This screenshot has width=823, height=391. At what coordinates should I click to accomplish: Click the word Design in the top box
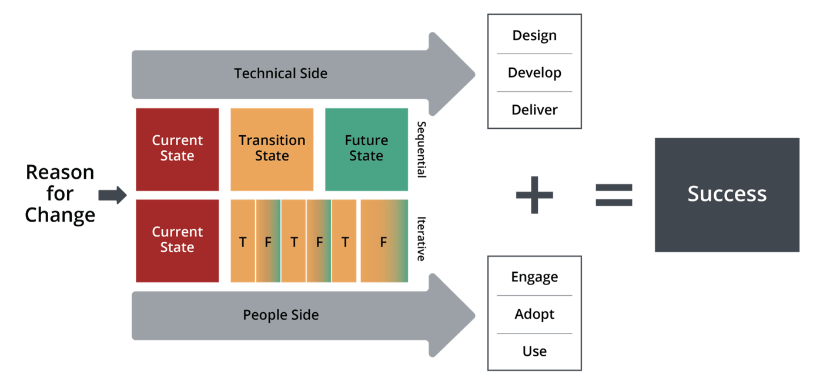pyautogui.click(x=534, y=35)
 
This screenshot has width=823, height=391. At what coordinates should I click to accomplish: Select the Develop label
pyautogui.click(x=534, y=73)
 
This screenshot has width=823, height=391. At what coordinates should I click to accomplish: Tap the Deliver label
pyautogui.click(x=534, y=110)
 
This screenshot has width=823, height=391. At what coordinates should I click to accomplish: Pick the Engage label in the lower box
pyautogui.click(x=534, y=277)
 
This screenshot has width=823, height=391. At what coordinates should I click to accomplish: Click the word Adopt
pyautogui.click(x=534, y=314)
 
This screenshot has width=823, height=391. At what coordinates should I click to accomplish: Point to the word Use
pyautogui.click(x=534, y=352)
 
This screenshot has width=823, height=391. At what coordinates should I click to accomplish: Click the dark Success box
pyautogui.click(x=727, y=195)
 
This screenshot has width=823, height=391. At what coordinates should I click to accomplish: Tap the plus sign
pyautogui.click(x=534, y=195)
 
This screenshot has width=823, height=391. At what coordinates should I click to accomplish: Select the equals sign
pyautogui.click(x=614, y=195)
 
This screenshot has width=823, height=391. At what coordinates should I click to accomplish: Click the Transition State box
pyautogui.click(x=272, y=149)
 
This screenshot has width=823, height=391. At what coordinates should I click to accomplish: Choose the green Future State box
pyautogui.click(x=366, y=149)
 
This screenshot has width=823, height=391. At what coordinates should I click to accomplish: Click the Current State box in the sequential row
pyautogui.click(x=177, y=149)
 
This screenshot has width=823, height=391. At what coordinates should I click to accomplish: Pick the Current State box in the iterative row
pyautogui.click(x=177, y=240)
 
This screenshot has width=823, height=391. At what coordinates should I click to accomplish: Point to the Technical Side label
pyautogui.click(x=280, y=73)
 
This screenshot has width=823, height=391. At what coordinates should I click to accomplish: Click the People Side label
pyautogui.click(x=280, y=315)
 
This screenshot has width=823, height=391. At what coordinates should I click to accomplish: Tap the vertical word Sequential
pyautogui.click(x=421, y=149)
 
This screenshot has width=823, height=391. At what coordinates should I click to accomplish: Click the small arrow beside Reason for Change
pyautogui.click(x=112, y=195)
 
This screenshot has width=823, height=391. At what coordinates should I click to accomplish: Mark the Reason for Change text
pyautogui.click(x=60, y=193)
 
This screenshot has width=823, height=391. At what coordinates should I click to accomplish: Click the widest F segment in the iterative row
pyautogui.click(x=383, y=241)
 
